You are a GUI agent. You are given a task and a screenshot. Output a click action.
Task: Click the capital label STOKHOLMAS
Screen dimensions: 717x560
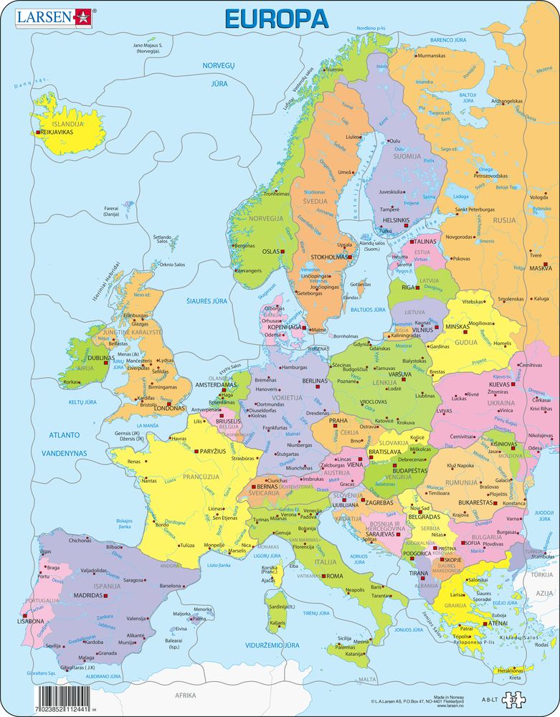[329, 256]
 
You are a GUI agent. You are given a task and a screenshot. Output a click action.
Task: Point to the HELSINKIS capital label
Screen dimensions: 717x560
[396, 220]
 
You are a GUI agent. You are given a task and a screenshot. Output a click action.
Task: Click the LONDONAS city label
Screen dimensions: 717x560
[170, 409]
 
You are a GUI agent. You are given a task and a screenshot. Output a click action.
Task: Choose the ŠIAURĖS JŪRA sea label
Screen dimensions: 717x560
[207, 301]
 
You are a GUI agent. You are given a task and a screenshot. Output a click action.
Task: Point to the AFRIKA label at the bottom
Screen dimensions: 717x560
[185, 695]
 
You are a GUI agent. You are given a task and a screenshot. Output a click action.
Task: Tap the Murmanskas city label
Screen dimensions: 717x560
[432, 55]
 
